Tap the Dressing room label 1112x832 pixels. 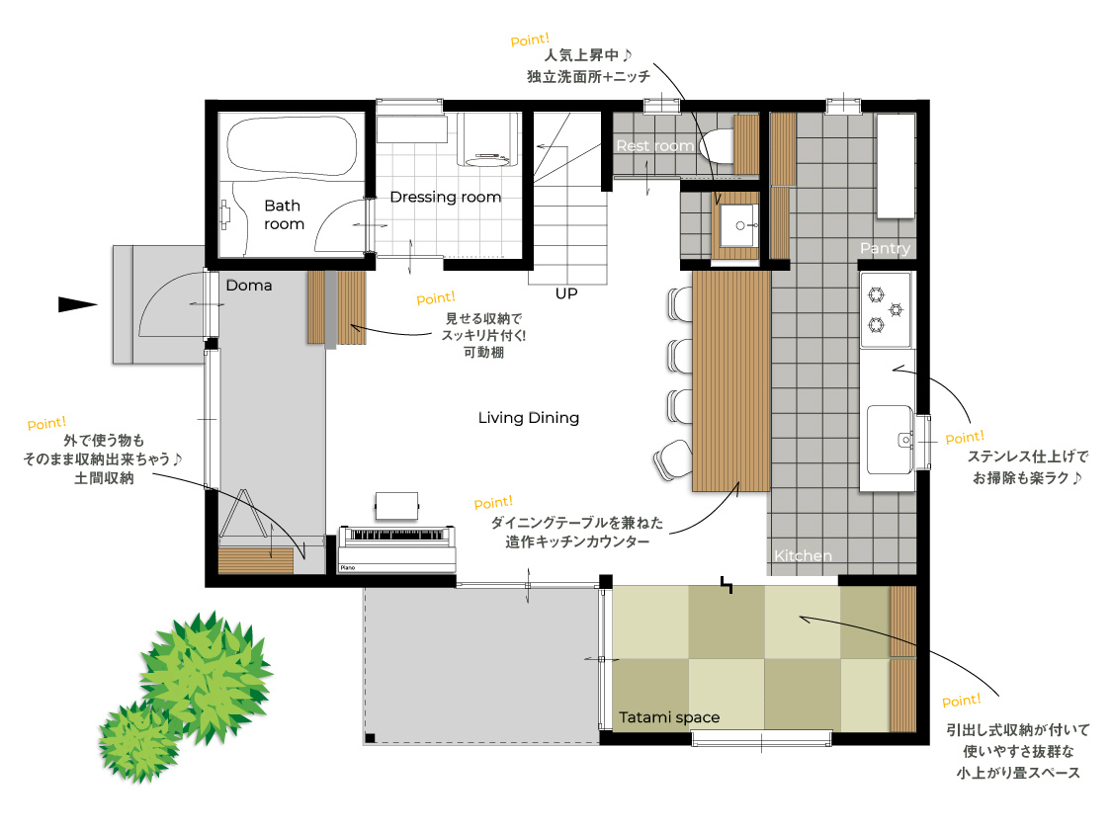click(446, 197)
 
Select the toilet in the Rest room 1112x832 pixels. click(717, 146)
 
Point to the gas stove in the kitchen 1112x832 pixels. click(885, 309)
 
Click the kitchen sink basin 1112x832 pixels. click(890, 440)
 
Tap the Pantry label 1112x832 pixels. click(885, 248)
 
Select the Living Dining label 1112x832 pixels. click(529, 417)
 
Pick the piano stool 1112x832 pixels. click(397, 506)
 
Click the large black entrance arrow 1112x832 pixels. click(77, 304)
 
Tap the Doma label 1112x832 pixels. click(249, 285)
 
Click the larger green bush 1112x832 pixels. click(205, 676)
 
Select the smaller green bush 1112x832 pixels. click(139, 741)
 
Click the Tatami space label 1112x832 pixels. click(669, 717)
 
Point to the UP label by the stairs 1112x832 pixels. click(566, 293)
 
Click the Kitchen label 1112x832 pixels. click(803, 555)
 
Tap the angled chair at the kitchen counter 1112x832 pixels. click(671, 459)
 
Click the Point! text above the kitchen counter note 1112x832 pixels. click(493, 502)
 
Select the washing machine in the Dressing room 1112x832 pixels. click(485, 140)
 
